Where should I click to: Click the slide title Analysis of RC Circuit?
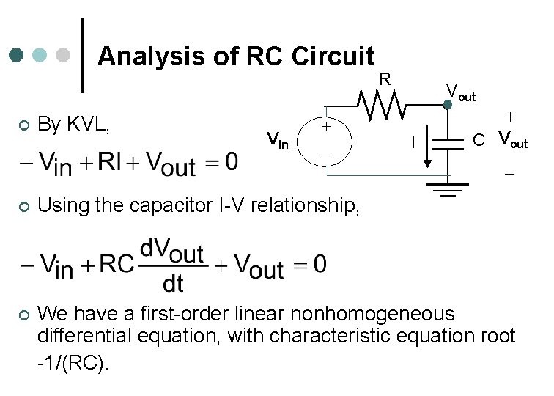[236, 56]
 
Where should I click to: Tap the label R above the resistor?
[384, 78]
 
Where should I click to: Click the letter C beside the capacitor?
[478, 139]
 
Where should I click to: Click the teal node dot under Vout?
[448, 105]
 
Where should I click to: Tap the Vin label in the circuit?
[278, 140]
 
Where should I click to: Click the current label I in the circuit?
[415, 140]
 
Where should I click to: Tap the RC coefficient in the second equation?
[116, 265]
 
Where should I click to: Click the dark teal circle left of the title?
[17, 56]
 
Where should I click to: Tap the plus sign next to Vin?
[325, 127]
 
